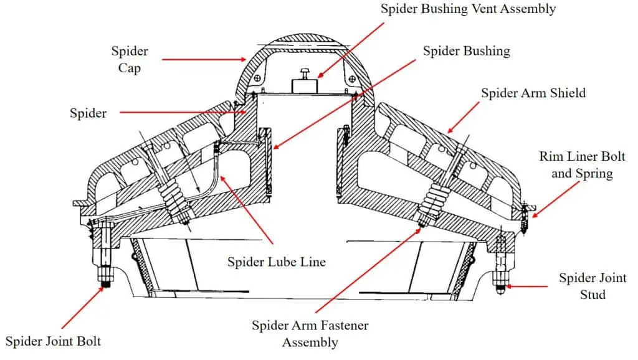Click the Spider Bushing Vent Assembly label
tap(468, 9)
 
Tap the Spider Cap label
tap(129, 59)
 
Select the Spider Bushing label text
tap(466, 51)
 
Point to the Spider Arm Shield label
tap(533, 93)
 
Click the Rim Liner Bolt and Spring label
tap(582, 164)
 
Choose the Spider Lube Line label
tap(276, 262)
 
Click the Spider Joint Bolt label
tap(53, 341)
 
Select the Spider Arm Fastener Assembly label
tap(310, 334)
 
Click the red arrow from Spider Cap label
tap(205, 60)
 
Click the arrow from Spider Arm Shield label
tap(464, 118)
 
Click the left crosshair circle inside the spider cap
tap(257, 79)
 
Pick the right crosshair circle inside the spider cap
tap(353, 79)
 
